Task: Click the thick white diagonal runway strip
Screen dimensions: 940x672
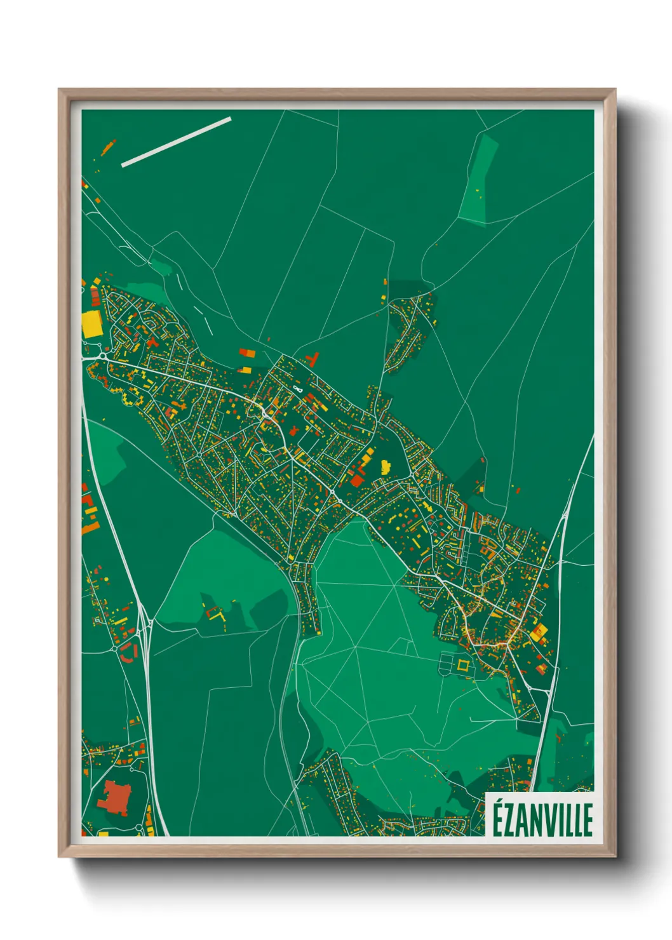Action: tap(176, 142)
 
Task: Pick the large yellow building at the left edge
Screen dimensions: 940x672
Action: tap(91, 324)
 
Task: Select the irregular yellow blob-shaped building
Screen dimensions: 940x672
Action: tap(385, 467)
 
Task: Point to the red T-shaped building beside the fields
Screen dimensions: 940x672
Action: tap(311, 359)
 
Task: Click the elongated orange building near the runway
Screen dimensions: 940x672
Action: tap(108, 148)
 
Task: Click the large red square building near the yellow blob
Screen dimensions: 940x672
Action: tap(357, 481)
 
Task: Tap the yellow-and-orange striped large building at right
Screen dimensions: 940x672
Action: tap(539, 632)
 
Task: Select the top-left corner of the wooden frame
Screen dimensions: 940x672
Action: tap(60, 90)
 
